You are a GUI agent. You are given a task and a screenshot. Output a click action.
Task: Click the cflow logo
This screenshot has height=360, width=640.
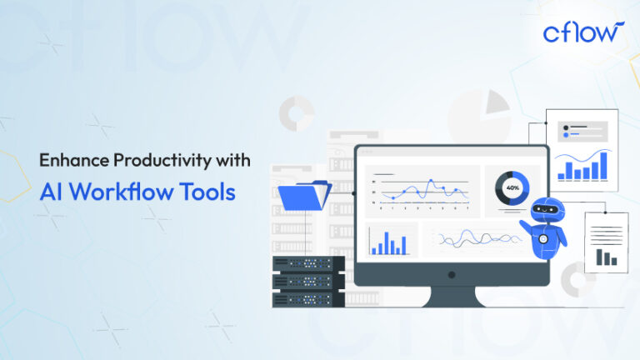(x=582, y=32)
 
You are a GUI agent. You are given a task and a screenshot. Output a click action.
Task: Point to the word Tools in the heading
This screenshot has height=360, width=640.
(x=208, y=192)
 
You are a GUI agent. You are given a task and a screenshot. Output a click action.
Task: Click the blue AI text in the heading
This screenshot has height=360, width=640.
(x=52, y=192)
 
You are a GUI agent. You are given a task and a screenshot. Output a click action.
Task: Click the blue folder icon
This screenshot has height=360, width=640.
(x=303, y=196)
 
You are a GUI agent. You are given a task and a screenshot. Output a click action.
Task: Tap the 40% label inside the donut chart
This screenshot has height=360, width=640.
(x=512, y=187)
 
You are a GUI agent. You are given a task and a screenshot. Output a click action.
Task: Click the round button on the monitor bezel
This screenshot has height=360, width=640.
(x=451, y=273)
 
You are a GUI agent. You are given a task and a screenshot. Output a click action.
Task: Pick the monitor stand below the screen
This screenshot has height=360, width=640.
(x=451, y=293)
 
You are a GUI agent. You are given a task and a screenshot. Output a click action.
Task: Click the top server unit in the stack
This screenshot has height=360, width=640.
(x=308, y=263)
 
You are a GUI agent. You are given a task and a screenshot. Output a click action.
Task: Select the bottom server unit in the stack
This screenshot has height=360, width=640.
(x=308, y=298)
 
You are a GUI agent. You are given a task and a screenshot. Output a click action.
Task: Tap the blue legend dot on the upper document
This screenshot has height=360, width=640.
(x=566, y=134)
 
